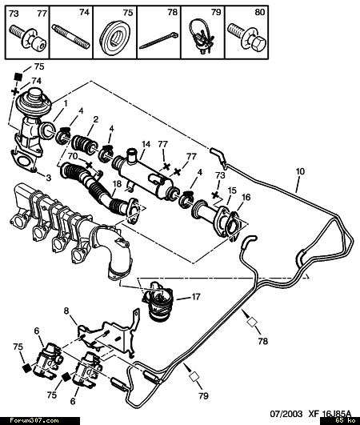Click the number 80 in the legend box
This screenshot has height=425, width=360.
(259, 12)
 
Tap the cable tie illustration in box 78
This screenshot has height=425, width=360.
(159, 40)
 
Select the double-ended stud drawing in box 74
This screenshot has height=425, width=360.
(70, 37)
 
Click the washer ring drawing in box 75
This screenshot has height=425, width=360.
(114, 37)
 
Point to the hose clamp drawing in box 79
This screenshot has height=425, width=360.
(201, 36)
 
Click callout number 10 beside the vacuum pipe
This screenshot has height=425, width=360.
(300, 171)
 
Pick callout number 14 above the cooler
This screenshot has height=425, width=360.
(146, 144)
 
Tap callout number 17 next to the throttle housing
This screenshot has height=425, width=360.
(195, 297)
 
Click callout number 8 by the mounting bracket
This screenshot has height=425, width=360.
(66, 311)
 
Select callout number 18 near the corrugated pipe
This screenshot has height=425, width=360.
(118, 184)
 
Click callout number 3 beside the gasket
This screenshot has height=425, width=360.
(49, 178)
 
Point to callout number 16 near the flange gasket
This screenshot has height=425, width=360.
(246, 198)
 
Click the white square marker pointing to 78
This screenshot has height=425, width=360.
(252, 323)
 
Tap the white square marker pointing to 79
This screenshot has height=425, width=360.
(194, 377)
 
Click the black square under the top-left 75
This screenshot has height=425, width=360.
(18, 77)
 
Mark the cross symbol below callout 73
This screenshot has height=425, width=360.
(215, 194)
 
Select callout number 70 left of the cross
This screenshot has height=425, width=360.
(73, 156)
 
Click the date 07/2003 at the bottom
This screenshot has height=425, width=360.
(286, 414)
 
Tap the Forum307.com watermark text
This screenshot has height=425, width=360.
(34, 421)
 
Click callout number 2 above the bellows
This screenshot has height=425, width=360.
(96, 119)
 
